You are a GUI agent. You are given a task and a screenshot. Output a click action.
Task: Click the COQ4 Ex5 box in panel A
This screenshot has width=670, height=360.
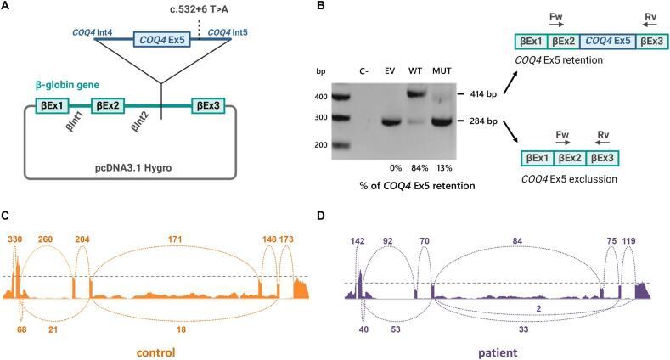tap(161, 39)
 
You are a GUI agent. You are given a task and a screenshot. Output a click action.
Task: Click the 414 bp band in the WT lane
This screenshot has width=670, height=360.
tap(416, 93)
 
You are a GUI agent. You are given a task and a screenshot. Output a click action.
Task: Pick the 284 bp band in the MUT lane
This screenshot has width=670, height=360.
tap(442, 121)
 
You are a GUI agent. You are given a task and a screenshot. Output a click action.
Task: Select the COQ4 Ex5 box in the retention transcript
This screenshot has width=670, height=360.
tap(608, 40)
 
